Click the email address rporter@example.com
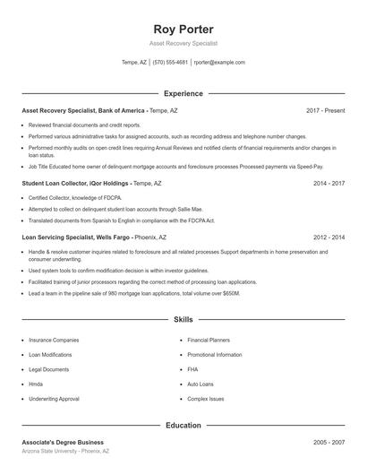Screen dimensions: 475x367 (x=219, y=63)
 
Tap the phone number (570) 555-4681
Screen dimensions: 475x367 (x=170, y=63)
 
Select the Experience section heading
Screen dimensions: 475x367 (x=183, y=93)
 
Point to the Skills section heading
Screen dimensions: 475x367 (x=183, y=319)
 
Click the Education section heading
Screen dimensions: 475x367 (x=183, y=425)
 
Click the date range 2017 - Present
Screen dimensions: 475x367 (x=325, y=110)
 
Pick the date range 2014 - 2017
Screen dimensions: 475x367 (x=329, y=183)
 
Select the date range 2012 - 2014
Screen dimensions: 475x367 (x=329, y=237)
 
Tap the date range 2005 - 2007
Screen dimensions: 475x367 (x=329, y=442)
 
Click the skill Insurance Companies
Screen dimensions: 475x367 (x=54, y=341)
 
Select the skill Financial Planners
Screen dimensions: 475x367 (x=209, y=341)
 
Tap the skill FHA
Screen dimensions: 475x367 (x=192, y=369)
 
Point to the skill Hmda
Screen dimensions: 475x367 (x=37, y=384)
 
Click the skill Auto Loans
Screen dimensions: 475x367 (x=201, y=384)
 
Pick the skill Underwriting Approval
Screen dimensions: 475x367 (x=54, y=398)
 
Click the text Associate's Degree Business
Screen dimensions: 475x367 (x=63, y=442)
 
